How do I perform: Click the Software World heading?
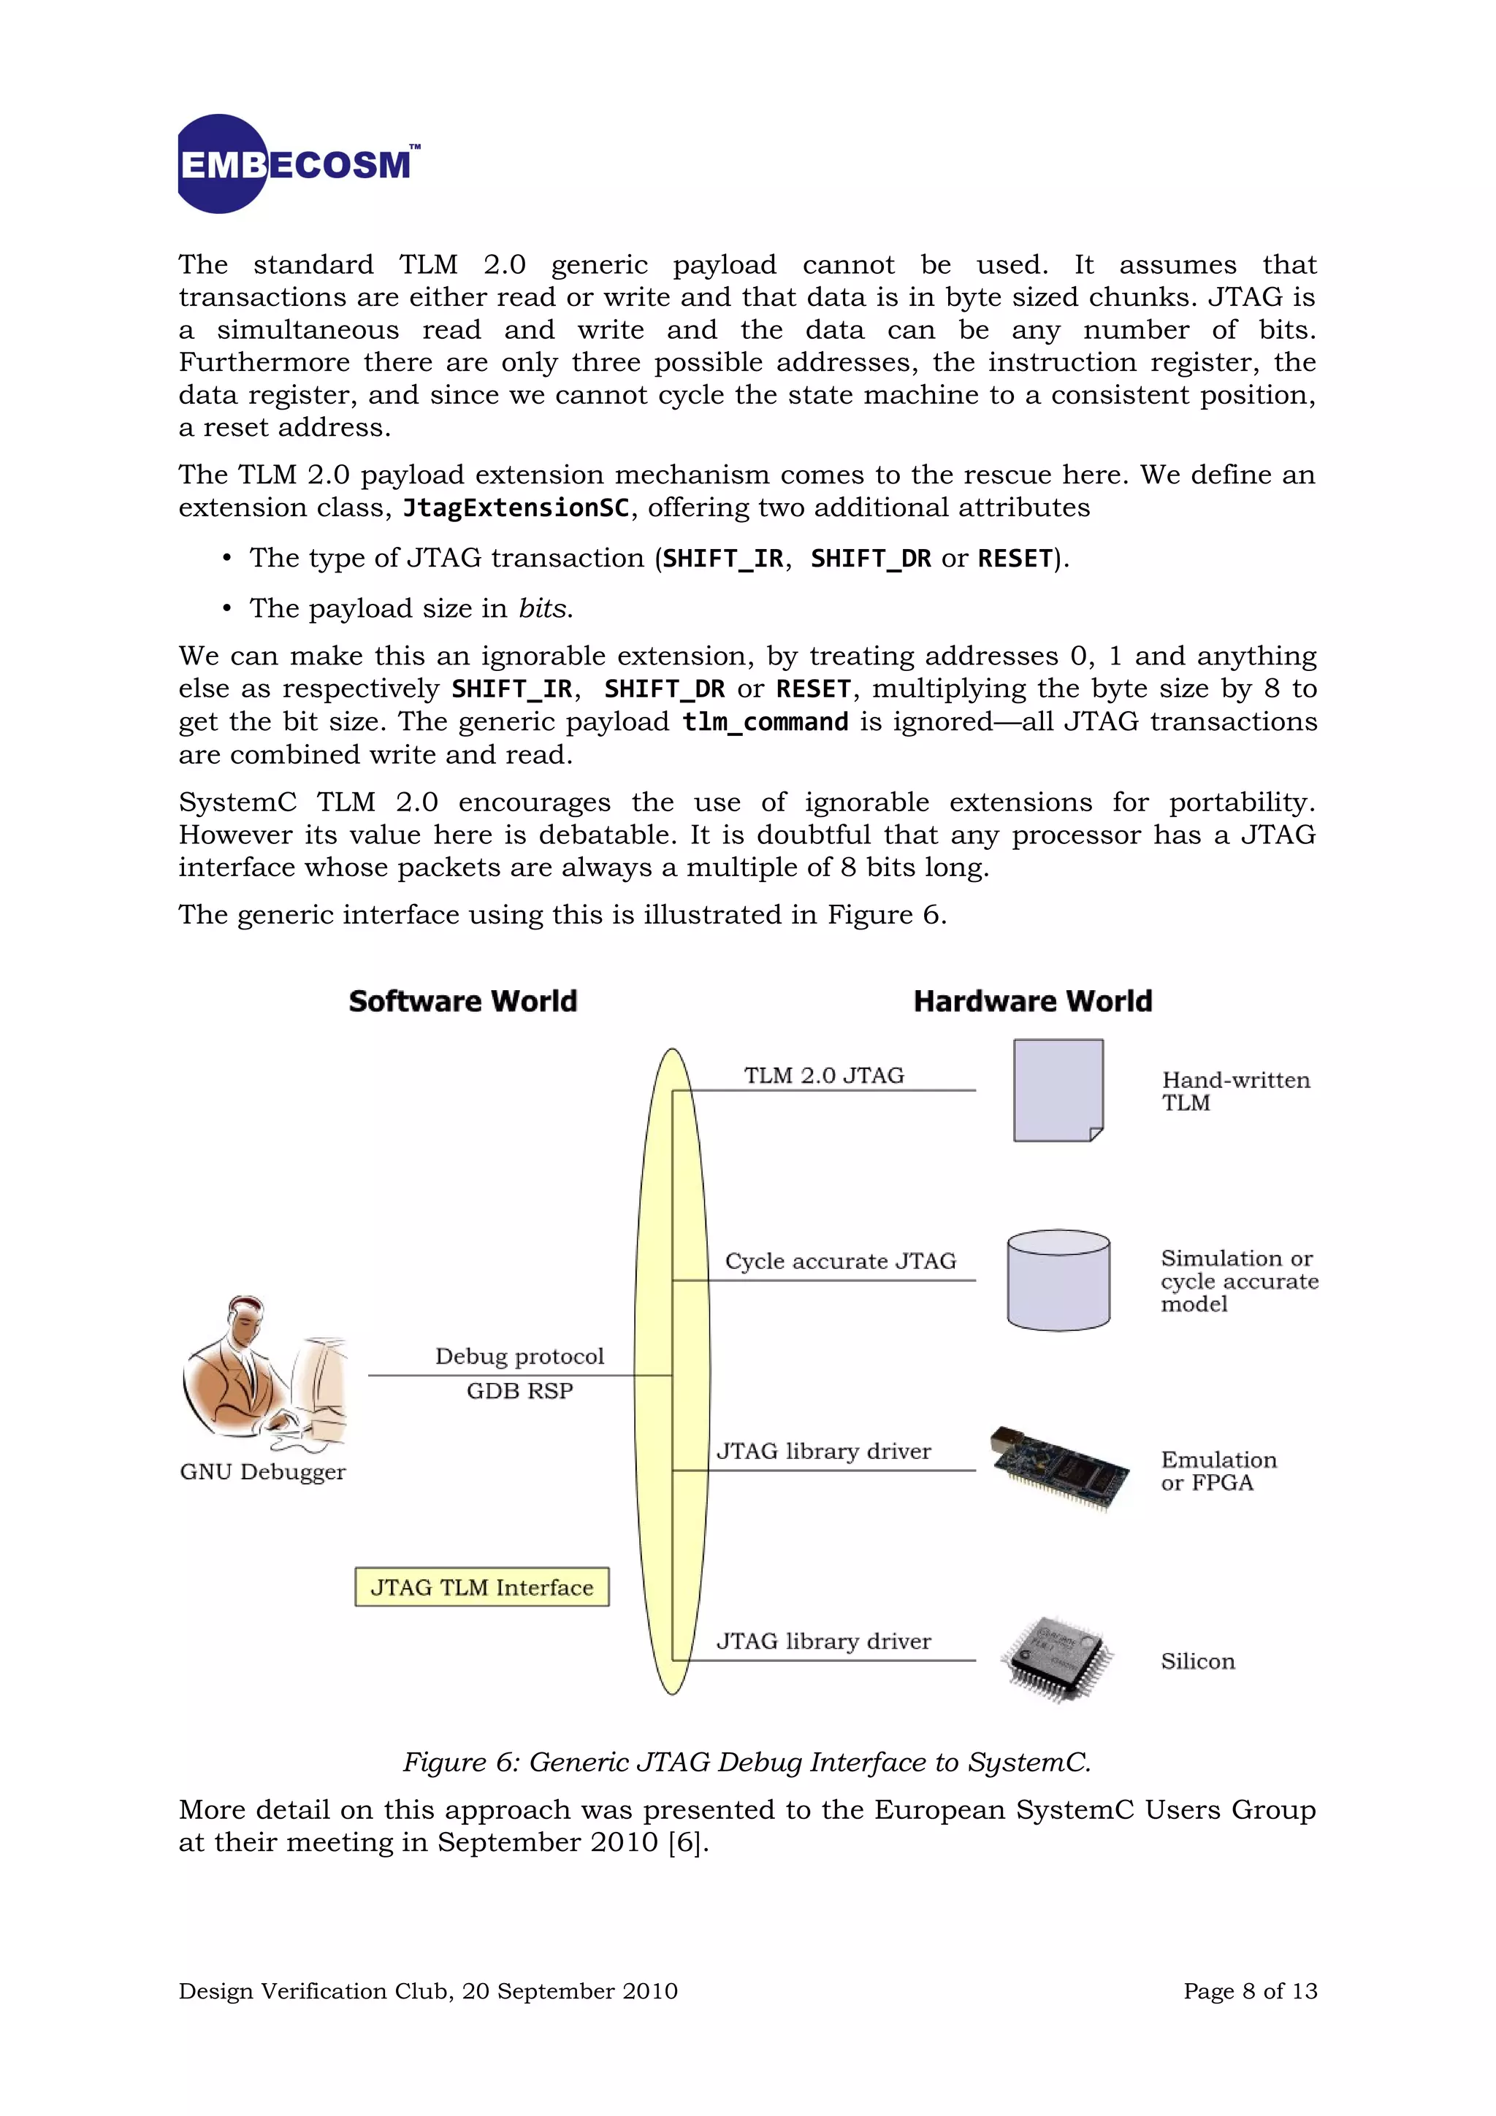point(462,1001)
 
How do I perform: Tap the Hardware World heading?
point(1032,1001)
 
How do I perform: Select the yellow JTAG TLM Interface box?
point(482,1587)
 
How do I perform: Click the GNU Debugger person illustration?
point(265,1373)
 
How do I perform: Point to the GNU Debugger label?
point(263,1472)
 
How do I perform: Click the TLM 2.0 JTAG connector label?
point(824,1076)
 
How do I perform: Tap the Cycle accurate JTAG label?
point(840,1261)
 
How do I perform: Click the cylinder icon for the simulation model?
point(1058,1280)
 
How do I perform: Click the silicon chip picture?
point(1056,1659)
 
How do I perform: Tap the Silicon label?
point(1197,1660)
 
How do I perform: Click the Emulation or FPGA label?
point(1218,1471)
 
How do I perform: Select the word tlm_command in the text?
point(764,721)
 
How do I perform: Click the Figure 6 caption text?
point(747,1762)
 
